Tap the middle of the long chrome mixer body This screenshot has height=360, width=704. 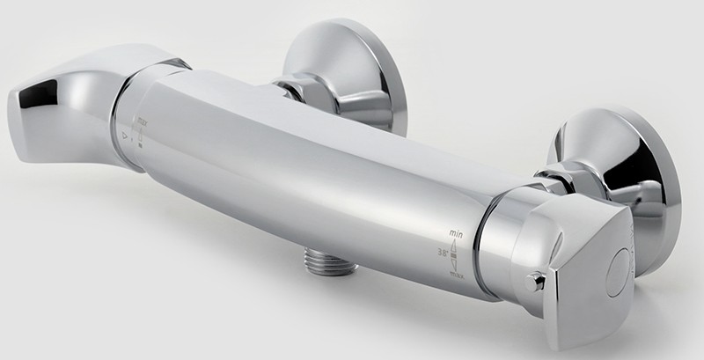pos(308,167)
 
